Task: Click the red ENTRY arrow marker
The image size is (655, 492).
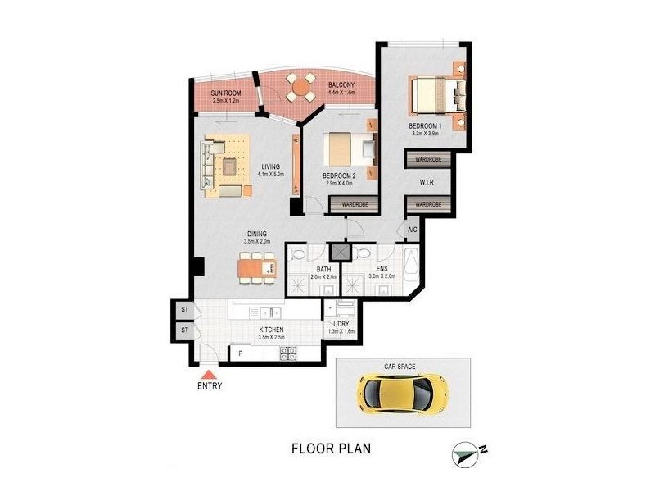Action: click(210, 373)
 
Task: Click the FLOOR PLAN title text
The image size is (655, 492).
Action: click(332, 449)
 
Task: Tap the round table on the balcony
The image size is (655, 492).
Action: click(302, 86)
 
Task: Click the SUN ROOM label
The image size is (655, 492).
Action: click(224, 93)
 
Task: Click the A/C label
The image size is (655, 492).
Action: click(412, 231)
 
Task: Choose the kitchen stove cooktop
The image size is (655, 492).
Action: click(288, 353)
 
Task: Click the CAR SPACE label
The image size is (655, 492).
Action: click(402, 367)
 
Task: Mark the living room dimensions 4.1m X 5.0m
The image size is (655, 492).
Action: click(269, 174)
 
